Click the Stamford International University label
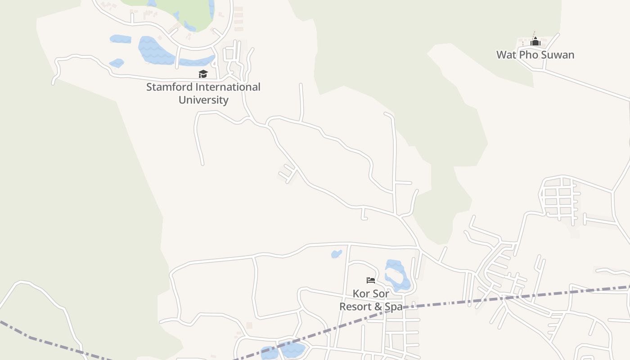point(203,93)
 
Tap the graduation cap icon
point(203,74)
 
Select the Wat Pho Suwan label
point(535,55)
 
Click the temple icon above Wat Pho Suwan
point(535,42)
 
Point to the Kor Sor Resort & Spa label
point(371,300)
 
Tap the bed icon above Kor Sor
point(371,280)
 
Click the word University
point(203,100)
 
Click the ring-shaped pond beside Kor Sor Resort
point(396,274)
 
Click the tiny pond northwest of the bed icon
point(337,254)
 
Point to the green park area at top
point(189,11)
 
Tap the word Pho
point(529,55)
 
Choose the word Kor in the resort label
point(361,294)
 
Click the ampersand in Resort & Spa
point(378,307)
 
